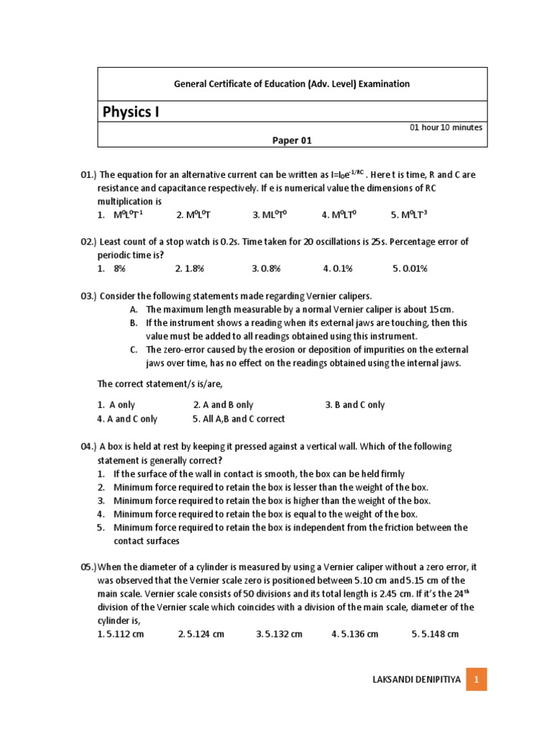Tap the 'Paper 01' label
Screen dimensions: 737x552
tap(292, 140)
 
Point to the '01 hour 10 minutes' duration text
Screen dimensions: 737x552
tap(446, 127)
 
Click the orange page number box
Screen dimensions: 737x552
tap(477, 679)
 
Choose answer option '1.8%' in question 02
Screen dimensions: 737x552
tap(190, 268)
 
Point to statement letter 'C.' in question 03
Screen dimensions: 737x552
tap(134, 350)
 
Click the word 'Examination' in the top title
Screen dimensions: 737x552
tap(385, 84)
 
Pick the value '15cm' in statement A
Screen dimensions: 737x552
tap(442, 309)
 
